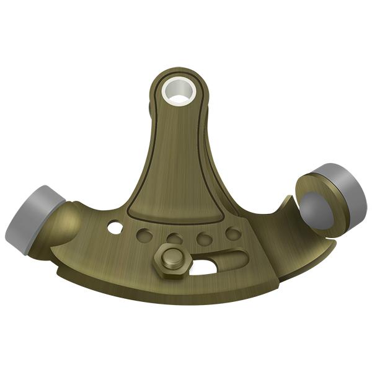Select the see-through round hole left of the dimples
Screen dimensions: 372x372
pos(115,228)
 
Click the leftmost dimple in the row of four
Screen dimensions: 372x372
pos(144,236)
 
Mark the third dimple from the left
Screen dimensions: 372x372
pos(203,237)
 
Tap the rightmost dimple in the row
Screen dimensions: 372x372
pos(232,234)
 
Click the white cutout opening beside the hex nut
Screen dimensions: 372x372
pos(203,268)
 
